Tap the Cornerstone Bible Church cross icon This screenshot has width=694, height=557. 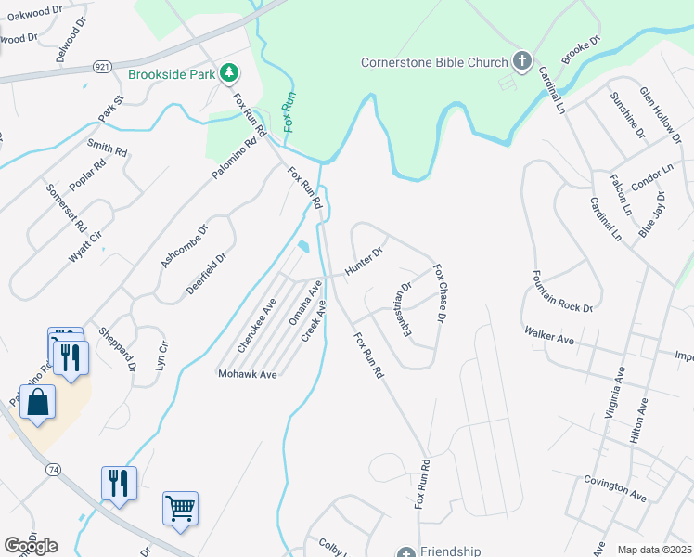coord(522,62)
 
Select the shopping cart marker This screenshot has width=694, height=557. coord(180,508)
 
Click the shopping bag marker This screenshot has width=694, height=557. coord(37,403)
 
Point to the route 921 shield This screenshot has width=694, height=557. coord(103,67)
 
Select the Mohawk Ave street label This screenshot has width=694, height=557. coord(248,374)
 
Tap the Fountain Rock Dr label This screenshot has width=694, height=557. coord(561,291)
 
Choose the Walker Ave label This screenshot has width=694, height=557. coord(548,335)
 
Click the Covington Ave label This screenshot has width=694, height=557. coord(615,489)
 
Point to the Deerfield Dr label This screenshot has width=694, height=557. coord(206,274)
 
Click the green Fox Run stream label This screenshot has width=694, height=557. coord(289,112)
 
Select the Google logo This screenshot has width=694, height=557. coord(31,546)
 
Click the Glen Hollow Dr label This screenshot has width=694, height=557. coord(660,113)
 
